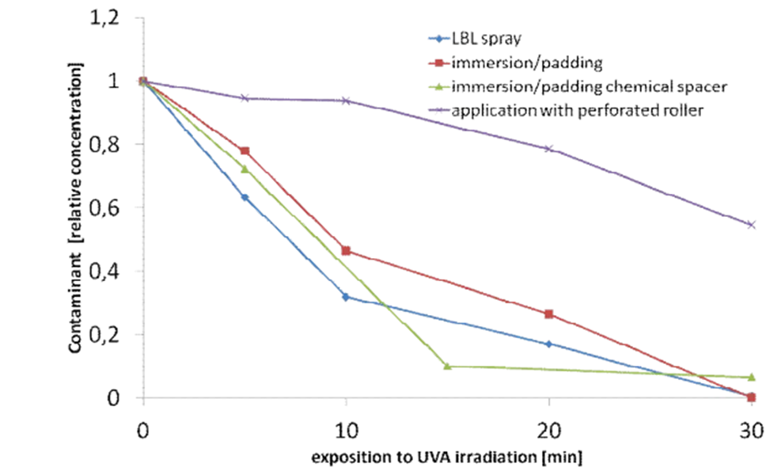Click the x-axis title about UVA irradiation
[447, 458]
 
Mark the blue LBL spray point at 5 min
[245, 197]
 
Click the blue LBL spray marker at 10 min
[346, 297]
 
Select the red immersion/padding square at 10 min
[346, 251]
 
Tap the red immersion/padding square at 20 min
[548, 314]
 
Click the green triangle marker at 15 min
[447, 366]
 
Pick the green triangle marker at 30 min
[751, 377]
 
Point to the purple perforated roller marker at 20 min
[548, 149]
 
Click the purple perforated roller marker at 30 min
[751, 225]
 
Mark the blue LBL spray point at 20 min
[548, 344]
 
